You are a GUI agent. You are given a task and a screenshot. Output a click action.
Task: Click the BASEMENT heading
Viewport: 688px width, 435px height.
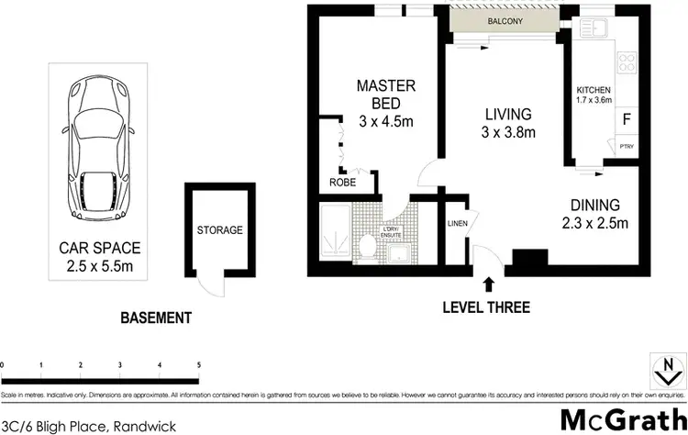tap(156, 318)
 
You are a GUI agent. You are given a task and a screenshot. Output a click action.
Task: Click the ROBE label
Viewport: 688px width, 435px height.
tap(343, 182)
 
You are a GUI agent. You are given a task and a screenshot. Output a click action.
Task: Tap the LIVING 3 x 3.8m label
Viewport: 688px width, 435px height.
tap(508, 124)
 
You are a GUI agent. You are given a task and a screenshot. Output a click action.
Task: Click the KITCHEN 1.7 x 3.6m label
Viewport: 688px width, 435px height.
tap(594, 95)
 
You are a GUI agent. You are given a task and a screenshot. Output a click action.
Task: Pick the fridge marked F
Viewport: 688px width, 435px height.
tap(627, 118)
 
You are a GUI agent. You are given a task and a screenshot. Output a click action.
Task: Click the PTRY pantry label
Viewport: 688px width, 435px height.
tap(627, 146)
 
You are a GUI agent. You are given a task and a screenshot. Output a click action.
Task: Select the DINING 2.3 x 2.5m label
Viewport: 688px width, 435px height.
tap(594, 214)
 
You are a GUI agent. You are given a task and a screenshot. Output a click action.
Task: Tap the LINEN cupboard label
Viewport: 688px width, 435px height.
tap(457, 224)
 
